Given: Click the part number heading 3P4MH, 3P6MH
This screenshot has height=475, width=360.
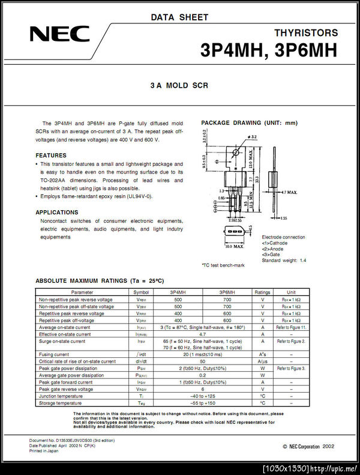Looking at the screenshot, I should (x=269, y=50).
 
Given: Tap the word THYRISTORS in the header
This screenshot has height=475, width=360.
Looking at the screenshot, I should (x=305, y=33).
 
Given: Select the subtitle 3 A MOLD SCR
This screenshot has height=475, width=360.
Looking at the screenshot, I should (x=179, y=86).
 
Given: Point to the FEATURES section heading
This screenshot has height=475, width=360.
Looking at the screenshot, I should (x=51, y=155).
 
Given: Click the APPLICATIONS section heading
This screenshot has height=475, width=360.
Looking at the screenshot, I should (x=56, y=212).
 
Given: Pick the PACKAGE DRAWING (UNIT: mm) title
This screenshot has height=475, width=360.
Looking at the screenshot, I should (x=249, y=123).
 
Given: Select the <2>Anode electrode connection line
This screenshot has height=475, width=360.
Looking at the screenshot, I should (x=275, y=249).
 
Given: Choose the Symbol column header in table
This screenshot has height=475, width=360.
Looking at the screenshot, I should (x=140, y=292).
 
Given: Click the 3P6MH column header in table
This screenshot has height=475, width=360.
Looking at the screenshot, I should (x=227, y=292).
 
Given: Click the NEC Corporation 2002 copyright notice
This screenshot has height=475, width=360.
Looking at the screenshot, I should (x=308, y=447).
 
